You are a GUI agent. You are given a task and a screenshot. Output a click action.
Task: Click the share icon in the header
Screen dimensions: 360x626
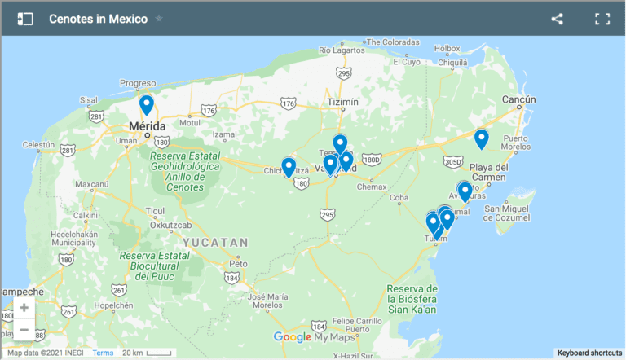(x=558, y=19)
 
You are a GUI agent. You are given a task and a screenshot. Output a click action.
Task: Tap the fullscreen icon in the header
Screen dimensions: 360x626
(x=602, y=19)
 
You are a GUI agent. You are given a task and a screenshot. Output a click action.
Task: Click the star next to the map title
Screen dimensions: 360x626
(x=159, y=19)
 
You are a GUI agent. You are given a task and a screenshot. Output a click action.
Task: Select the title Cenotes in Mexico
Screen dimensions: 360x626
(x=98, y=19)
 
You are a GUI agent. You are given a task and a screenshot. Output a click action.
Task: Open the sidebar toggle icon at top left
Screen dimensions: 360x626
(x=25, y=19)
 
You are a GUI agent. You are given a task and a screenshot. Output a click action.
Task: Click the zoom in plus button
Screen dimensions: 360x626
(x=24, y=308)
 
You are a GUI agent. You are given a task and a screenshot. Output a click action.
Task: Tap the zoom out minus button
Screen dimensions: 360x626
(x=24, y=330)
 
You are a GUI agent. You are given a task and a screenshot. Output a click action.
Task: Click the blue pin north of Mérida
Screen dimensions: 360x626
(x=147, y=104)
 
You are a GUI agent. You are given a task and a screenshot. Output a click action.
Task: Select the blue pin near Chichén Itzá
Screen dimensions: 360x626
(x=289, y=167)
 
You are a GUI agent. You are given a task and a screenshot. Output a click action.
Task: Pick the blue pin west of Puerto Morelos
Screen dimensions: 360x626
(x=482, y=138)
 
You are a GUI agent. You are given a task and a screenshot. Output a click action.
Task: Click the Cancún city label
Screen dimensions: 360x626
(x=518, y=99)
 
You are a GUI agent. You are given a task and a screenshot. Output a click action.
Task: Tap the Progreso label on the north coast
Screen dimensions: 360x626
(x=137, y=83)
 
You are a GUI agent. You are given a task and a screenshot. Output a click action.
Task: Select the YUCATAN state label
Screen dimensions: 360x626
(x=215, y=243)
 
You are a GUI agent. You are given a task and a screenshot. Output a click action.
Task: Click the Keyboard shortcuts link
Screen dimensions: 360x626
(x=590, y=353)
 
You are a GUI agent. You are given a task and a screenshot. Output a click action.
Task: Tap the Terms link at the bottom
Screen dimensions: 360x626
(x=103, y=353)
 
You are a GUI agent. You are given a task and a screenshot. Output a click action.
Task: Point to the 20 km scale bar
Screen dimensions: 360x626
(x=147, y=353)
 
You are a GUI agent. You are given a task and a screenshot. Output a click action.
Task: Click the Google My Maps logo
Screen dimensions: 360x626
(x=313, y=337)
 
